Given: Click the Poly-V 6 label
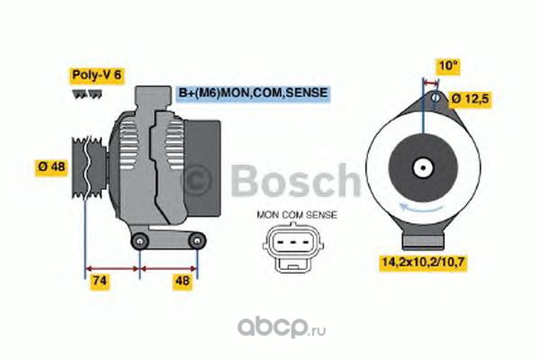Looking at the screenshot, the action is point(97,75).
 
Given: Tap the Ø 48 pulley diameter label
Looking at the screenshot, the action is point(51,167).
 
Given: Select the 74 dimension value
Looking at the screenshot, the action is point(100,281).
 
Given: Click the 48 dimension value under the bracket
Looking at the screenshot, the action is point(183,281).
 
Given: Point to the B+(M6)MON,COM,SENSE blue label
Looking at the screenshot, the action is point(253,93).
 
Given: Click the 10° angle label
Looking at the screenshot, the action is point(447,66).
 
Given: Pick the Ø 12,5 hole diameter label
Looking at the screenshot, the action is point(470,99).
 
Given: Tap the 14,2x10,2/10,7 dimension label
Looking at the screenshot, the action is point(423,262).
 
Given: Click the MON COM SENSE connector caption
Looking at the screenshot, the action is point(297,215).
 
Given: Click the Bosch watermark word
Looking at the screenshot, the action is point(295,180).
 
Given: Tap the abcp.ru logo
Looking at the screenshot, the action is point(282,327).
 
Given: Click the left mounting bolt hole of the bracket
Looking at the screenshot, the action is point(139,241).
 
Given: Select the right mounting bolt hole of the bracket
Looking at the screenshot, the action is point(197,241).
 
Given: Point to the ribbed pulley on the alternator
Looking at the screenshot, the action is point(89,167).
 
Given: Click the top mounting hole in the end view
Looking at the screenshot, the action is point(436,97).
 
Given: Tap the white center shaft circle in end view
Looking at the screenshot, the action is point(423,168).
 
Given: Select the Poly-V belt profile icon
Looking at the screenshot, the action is point(87,94).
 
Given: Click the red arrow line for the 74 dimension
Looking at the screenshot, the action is point(112,268).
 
